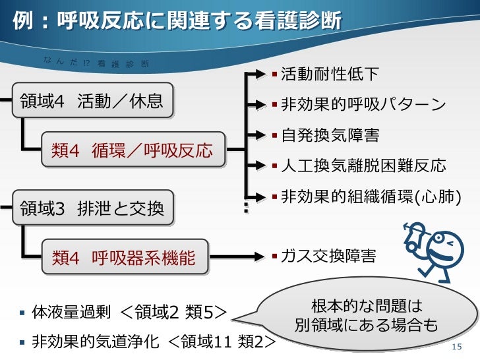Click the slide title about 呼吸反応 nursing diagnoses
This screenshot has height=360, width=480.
tap(177, 21)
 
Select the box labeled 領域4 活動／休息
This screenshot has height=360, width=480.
tap(92, 102)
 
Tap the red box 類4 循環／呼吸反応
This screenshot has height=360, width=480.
tap(133, 150)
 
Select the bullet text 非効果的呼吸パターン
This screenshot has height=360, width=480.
tap(363, 105)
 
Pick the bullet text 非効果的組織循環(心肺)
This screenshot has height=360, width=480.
tap(369, 196)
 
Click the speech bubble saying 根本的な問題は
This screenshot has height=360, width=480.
tap(367, 315)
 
